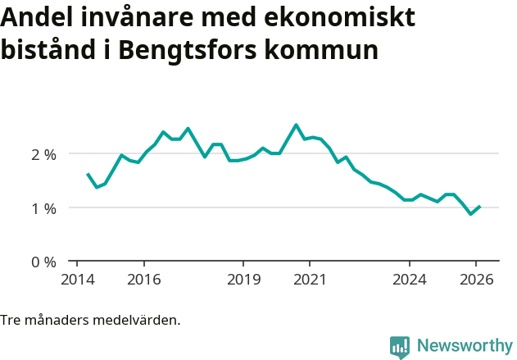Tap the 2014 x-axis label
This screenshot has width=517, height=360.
pos(77,280)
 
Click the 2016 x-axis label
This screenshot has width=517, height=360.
pos(143,280)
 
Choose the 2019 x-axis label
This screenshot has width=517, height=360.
pos(243,280)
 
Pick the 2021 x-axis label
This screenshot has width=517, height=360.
pos(310,280)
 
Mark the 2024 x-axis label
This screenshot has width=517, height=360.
pos(410,280)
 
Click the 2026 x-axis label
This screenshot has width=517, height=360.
pos(476,280)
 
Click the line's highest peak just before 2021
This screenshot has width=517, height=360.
pos(296,125)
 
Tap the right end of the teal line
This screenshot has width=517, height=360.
pos(479,207)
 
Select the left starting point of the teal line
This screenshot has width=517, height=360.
pos(88,174)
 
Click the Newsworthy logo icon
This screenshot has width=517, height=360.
pos(399,347)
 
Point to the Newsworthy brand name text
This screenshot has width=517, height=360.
pos(464,345)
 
